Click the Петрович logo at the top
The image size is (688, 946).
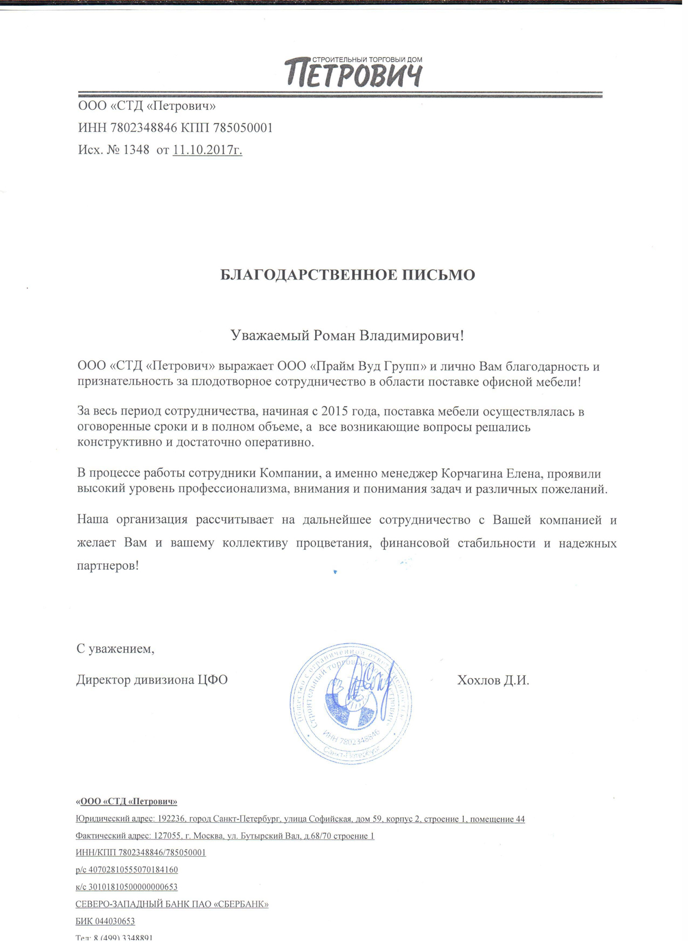pos(353,73)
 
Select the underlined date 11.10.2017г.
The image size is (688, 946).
pos(208,150)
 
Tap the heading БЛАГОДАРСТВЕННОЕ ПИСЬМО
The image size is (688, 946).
pos(347,275)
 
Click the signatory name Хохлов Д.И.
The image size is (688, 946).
pos(493,680)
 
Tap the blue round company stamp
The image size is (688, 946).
pos(351,704)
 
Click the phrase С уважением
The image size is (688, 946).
pos(115,648)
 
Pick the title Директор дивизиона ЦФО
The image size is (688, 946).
pos(152,680)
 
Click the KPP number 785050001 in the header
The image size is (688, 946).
pos(243,128)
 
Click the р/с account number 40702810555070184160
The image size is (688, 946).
pos(133,870)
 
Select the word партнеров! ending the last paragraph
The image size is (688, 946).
pos(108,566)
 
